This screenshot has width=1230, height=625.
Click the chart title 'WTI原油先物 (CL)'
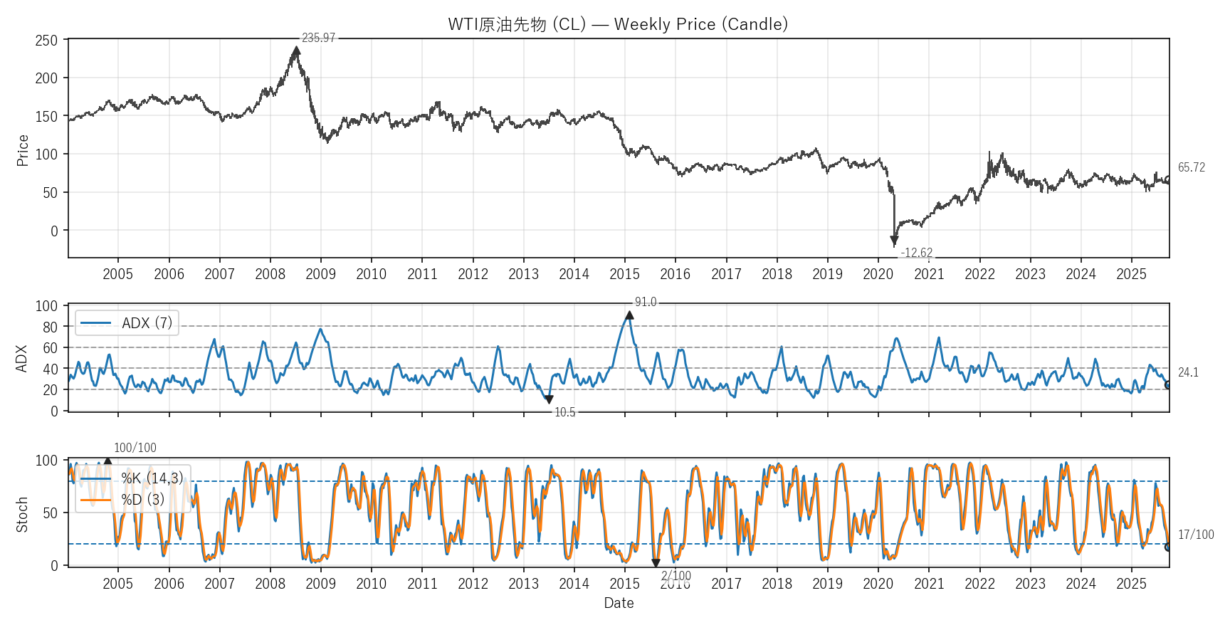point(617,24)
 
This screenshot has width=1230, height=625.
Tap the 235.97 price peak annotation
point(318,38)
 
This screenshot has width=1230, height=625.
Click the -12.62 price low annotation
point(916,253)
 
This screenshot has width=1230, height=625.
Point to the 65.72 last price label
point(1191,167)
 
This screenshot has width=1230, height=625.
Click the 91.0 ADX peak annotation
point(645,302)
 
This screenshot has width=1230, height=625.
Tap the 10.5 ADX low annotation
point(564,412)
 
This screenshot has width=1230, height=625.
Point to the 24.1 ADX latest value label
point(1188,372)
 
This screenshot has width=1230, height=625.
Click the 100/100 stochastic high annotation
point(135,448)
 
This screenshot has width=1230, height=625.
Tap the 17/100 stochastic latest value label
point(1196,535)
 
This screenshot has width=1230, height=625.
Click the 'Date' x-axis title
point(619,603)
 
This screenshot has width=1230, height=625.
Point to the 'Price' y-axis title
point(22,150)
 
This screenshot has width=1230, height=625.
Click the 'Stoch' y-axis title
point(22,515)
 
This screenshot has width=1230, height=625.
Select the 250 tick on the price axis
point(46,41)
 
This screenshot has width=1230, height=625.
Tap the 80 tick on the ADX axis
point(50,327)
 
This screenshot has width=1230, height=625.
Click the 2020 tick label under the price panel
point(878,274)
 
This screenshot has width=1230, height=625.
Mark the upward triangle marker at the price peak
point(296,51)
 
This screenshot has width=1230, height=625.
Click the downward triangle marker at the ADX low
point(549,400)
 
